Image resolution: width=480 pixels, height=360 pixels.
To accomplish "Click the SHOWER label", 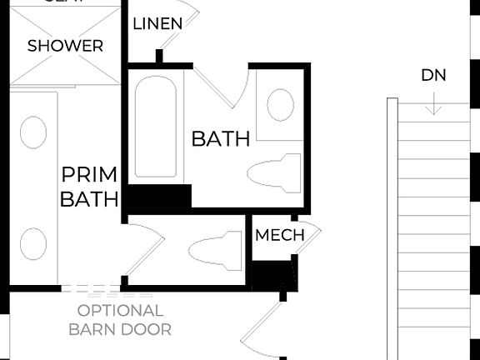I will tap(65, 46).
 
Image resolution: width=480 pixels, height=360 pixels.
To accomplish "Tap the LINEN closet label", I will tap(157, 23).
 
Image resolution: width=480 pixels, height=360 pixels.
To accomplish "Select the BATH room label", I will tap(221, 138).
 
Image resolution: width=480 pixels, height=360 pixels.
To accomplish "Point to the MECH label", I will tap(279, 235).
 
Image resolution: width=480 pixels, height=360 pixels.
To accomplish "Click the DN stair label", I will tap(433, 75).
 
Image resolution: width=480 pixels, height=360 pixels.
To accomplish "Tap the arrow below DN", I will tap(433, 105).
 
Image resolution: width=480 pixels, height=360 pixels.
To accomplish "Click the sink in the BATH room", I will tap(280, 105).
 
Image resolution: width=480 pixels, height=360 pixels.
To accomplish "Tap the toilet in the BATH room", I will tap(274, 172).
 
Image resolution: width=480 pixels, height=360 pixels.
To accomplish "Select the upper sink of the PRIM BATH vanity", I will tap(33, 132).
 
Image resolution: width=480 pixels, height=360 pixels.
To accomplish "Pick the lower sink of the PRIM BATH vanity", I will tap(33, 243).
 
